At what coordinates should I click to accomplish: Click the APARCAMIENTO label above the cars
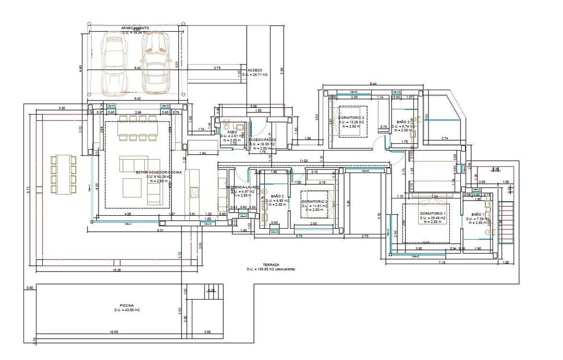135,27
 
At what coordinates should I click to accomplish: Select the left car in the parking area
114,61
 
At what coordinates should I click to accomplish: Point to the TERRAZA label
272,265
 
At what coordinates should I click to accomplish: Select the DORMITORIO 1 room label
433,214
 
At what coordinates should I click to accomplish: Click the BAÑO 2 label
277,196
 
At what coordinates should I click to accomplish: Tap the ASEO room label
232,132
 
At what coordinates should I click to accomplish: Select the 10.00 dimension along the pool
114,332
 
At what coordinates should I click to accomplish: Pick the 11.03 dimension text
303,161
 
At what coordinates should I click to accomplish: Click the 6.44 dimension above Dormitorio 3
373,84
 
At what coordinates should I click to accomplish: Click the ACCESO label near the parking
255,70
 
